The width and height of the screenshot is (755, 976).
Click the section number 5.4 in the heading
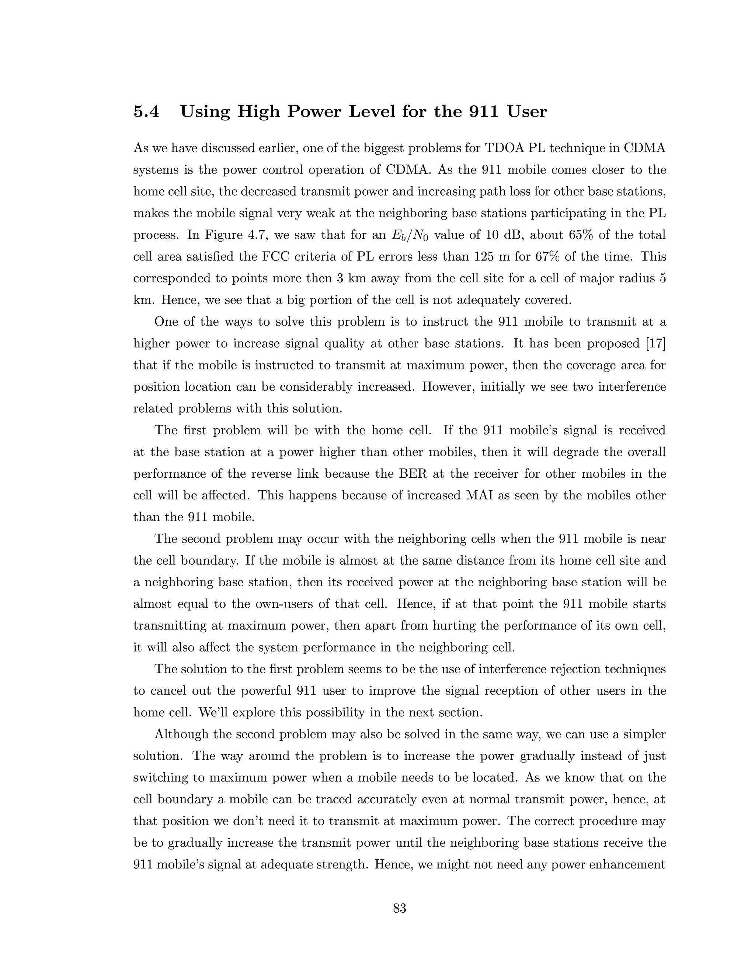(x=146, y=111)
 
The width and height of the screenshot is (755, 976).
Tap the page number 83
(x=399, y=908)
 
